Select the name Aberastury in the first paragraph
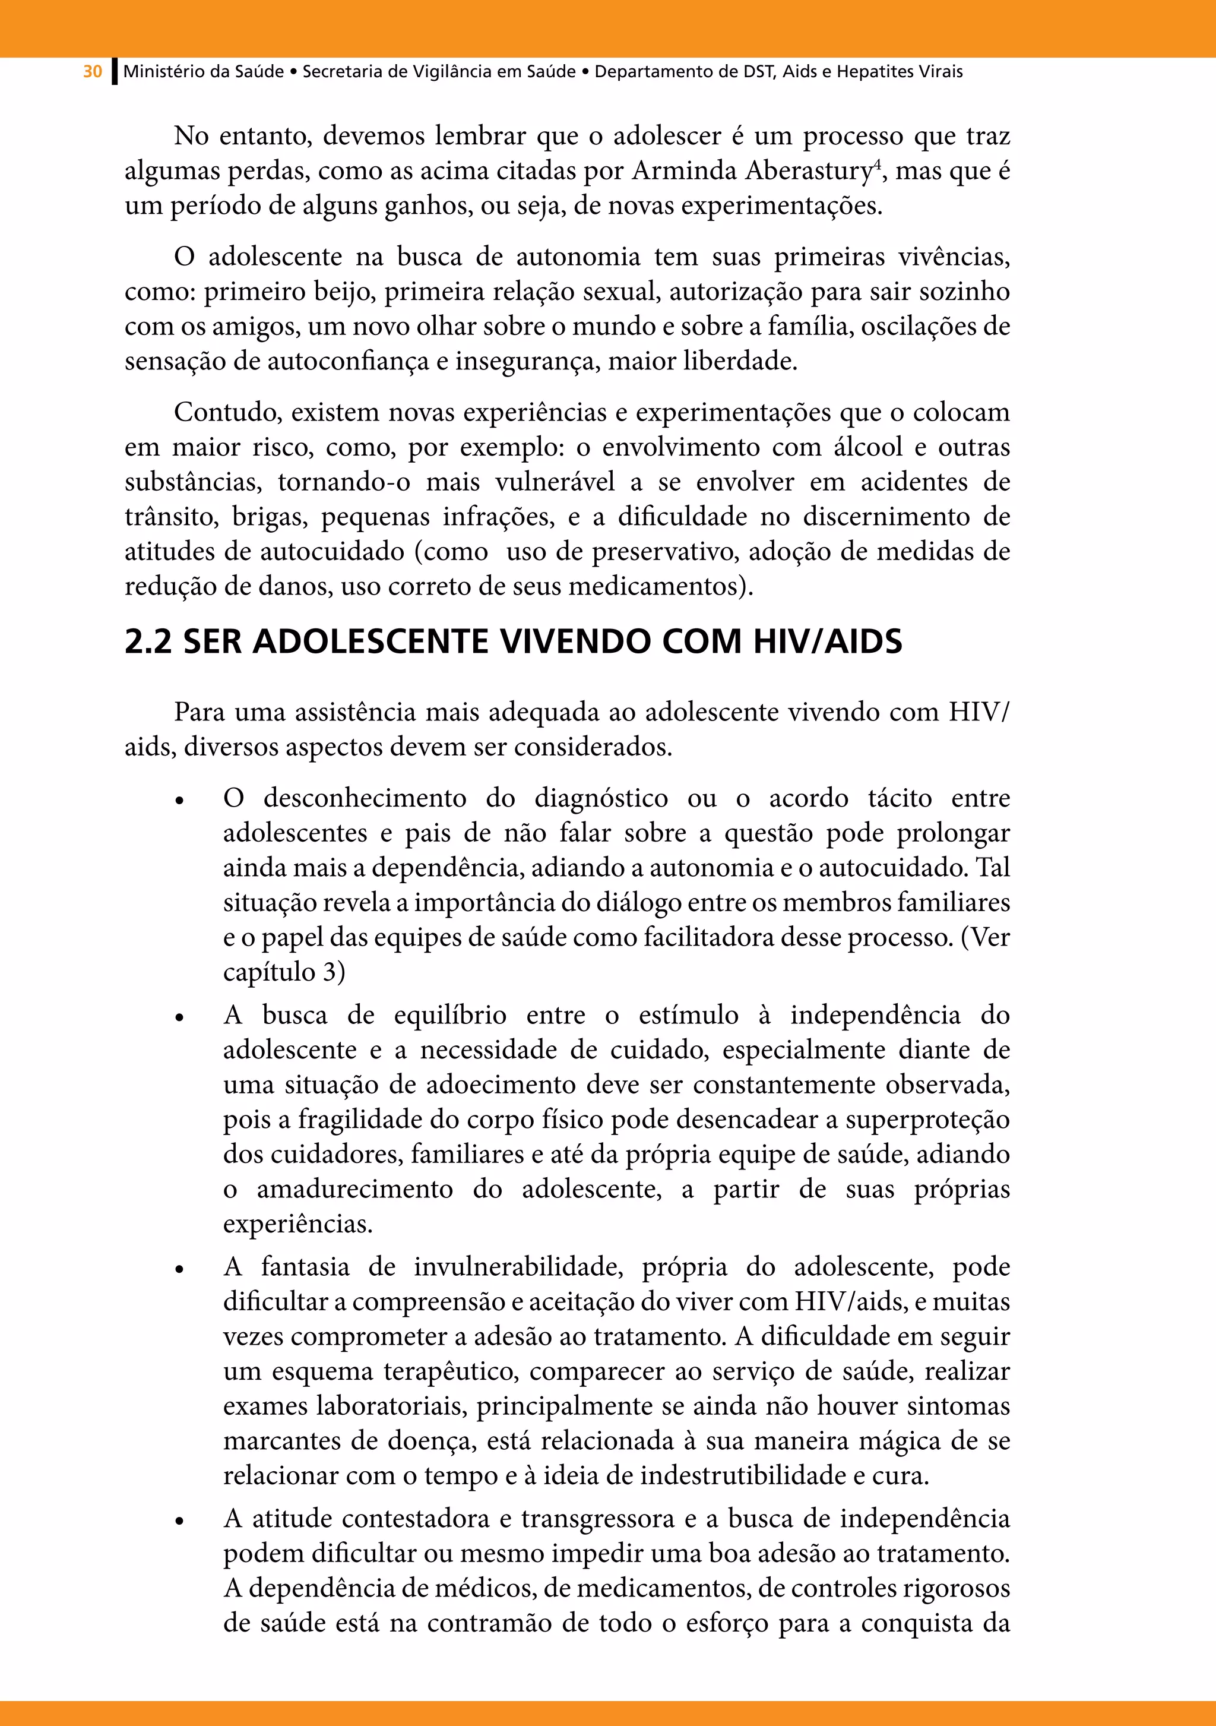click(x=808, y=172)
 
